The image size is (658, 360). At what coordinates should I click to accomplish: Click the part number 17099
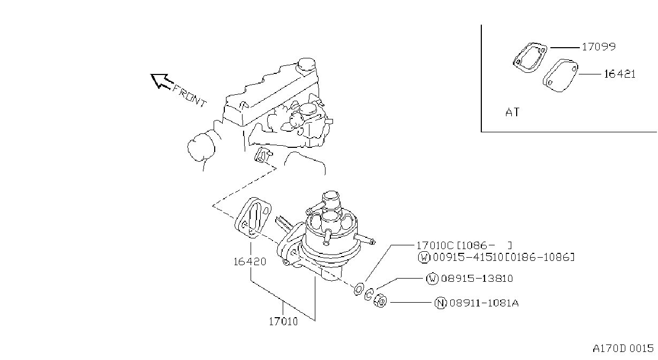[x=599, y=47]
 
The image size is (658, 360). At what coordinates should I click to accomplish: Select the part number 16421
[x=620, y=74]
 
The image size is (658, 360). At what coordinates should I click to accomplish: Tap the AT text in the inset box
[x=512, y=112]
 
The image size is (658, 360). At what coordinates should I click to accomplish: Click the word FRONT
[x=190, y=96]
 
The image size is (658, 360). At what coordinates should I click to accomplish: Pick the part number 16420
[x=249, y=261]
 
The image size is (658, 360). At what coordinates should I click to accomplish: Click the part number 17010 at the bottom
[x=283, y=321]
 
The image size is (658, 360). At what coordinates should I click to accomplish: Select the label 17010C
[x=435, y=245]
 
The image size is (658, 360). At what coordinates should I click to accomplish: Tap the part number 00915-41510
[x=468, y=258]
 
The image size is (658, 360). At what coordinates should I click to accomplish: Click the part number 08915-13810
[x=477, y=278]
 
